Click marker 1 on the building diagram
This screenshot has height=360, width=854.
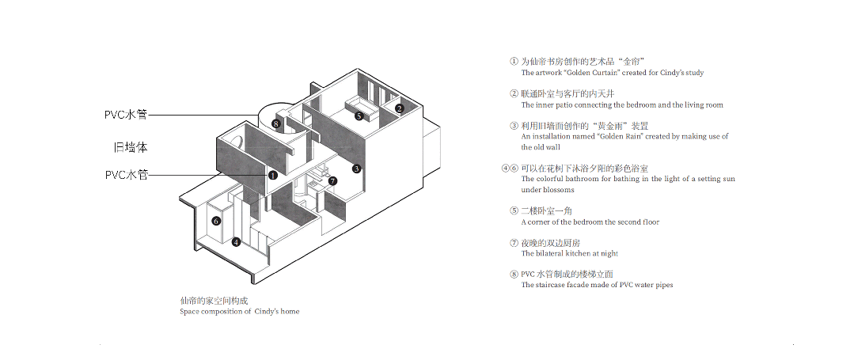pos(273,176)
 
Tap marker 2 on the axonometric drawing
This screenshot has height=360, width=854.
pos(399,108)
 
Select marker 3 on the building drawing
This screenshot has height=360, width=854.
pos(356,169)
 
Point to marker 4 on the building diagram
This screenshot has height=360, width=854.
pos(236,242)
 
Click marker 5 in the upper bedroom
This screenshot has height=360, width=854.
pos(359,116)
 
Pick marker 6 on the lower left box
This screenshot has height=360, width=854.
pos(216,221)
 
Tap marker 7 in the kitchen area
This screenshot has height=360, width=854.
pos(332,181)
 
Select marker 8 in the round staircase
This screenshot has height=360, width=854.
pos(276,124)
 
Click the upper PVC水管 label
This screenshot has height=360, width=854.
pos(126,115)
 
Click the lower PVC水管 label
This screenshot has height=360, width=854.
pos(127,175)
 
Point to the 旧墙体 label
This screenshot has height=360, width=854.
pos(131,148)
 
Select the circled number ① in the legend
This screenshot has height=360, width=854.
pos(514,62)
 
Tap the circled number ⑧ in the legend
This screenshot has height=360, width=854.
pos(514,274)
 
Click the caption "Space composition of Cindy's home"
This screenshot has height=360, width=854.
pos(240,312)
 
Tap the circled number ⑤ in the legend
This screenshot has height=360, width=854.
pos(514,210)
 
